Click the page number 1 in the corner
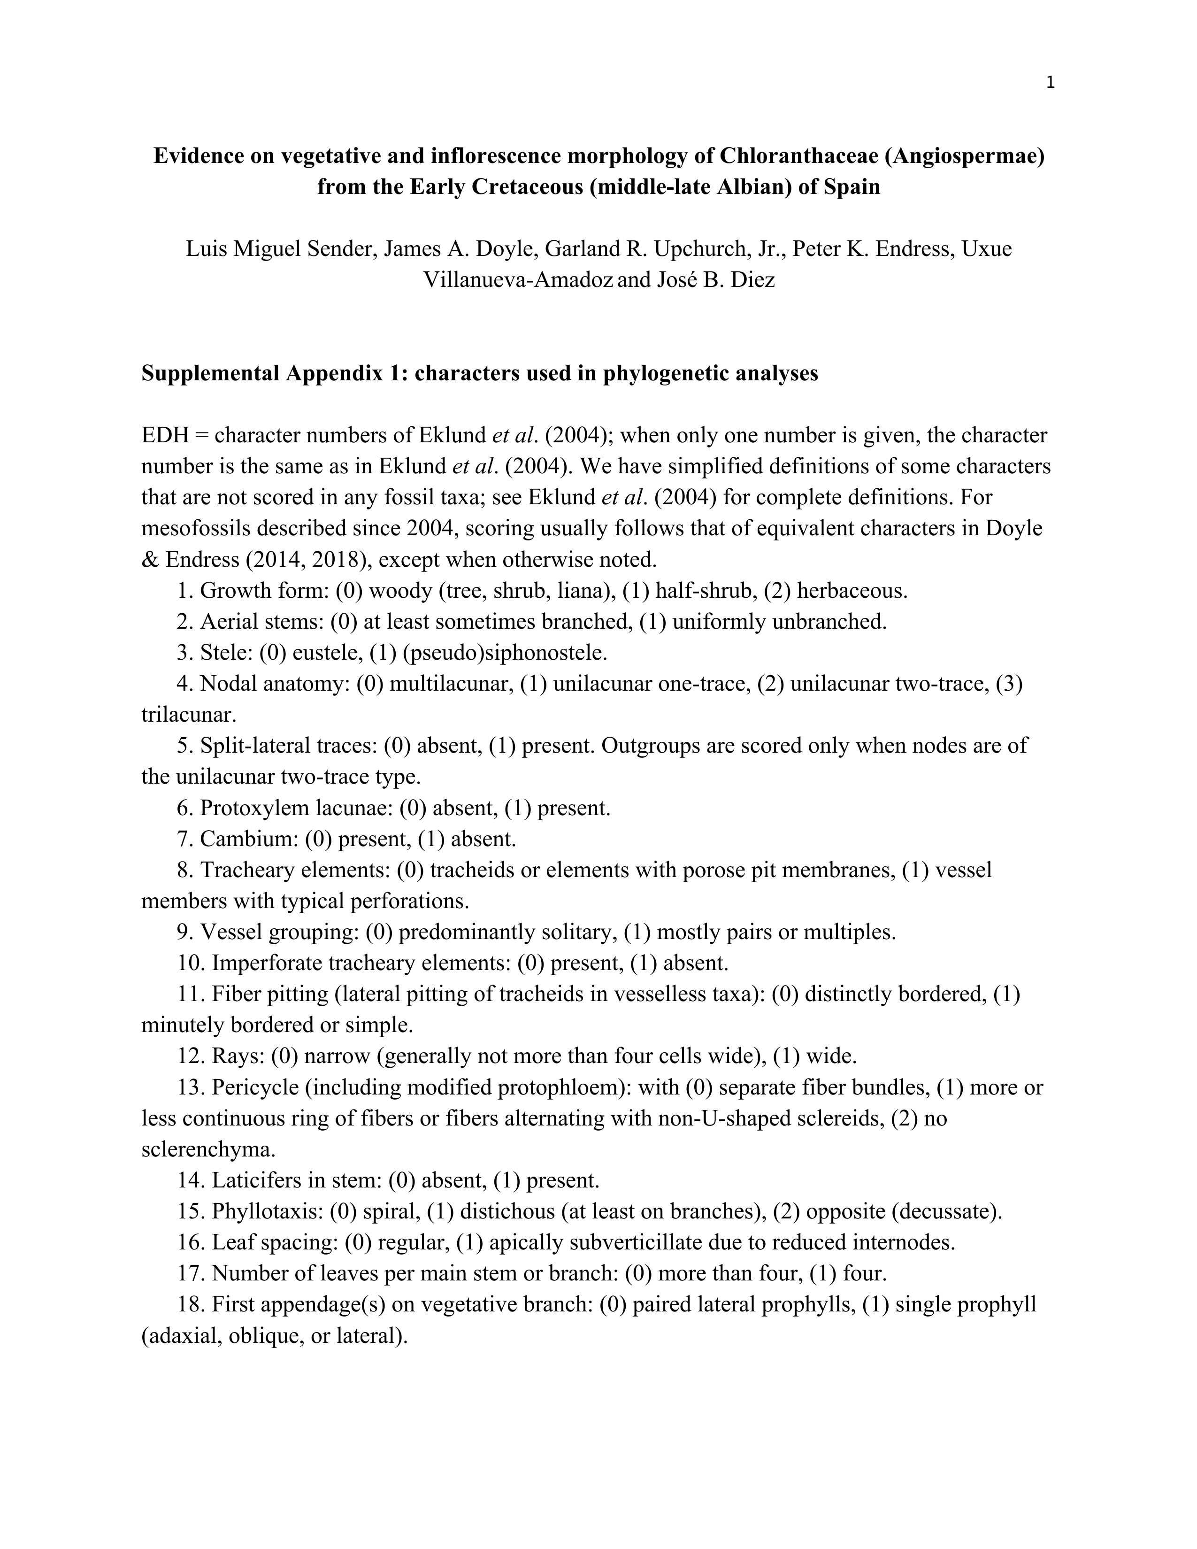coord(1050,83)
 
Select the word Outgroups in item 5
coord(649,746)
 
